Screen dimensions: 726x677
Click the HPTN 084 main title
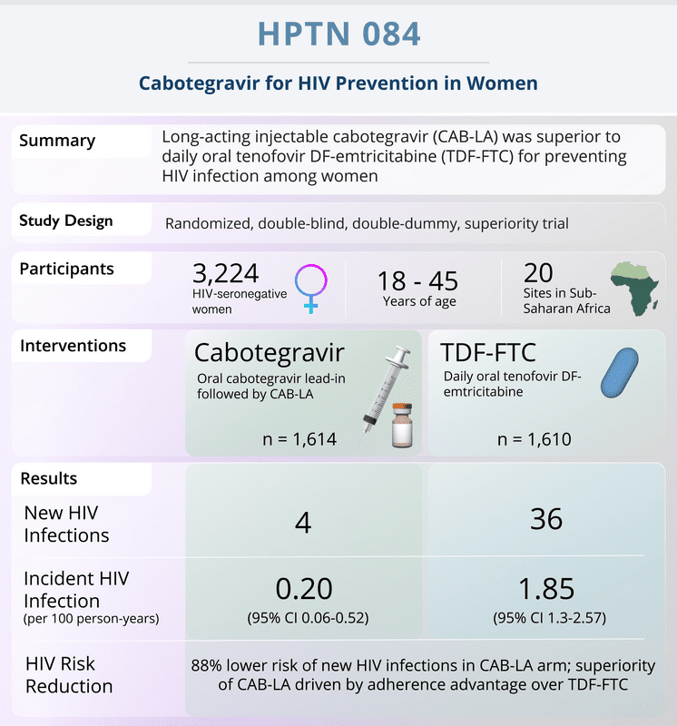(338, 34)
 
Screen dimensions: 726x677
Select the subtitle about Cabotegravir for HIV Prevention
(338, 83)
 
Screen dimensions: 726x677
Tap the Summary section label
(57, 141)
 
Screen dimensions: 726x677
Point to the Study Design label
(66, 221)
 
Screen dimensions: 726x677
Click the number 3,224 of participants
(226, 273)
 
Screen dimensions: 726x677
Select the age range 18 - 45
(417, 280)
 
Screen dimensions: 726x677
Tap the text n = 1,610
(535, 439)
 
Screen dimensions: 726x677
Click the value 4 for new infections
(303, 521)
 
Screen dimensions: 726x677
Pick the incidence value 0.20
(303, 588)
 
